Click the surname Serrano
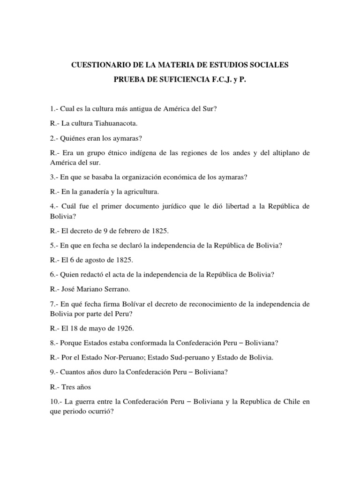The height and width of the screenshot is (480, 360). click(118, 289)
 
